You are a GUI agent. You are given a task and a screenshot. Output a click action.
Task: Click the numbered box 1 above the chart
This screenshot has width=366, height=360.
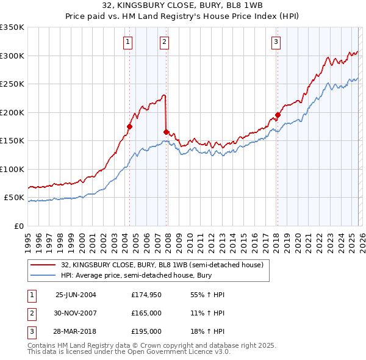(x=128, y=42)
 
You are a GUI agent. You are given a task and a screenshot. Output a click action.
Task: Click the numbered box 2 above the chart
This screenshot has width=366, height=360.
(x=165, y=42)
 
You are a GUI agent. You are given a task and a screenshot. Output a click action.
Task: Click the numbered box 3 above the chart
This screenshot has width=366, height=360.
(x=276, y=42)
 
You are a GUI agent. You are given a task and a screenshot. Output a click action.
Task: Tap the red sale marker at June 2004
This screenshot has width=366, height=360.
(x=129, y=127)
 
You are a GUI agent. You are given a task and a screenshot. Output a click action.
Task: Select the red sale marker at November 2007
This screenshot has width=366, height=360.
(x=166, y=131)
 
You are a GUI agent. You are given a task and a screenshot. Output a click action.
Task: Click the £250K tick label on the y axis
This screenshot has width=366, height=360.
(x=12, y=84)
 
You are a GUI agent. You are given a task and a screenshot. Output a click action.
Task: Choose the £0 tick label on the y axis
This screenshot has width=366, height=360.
(x=18, y=226)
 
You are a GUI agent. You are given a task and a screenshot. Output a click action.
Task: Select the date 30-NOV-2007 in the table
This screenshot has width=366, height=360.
(x=76, y=313)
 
